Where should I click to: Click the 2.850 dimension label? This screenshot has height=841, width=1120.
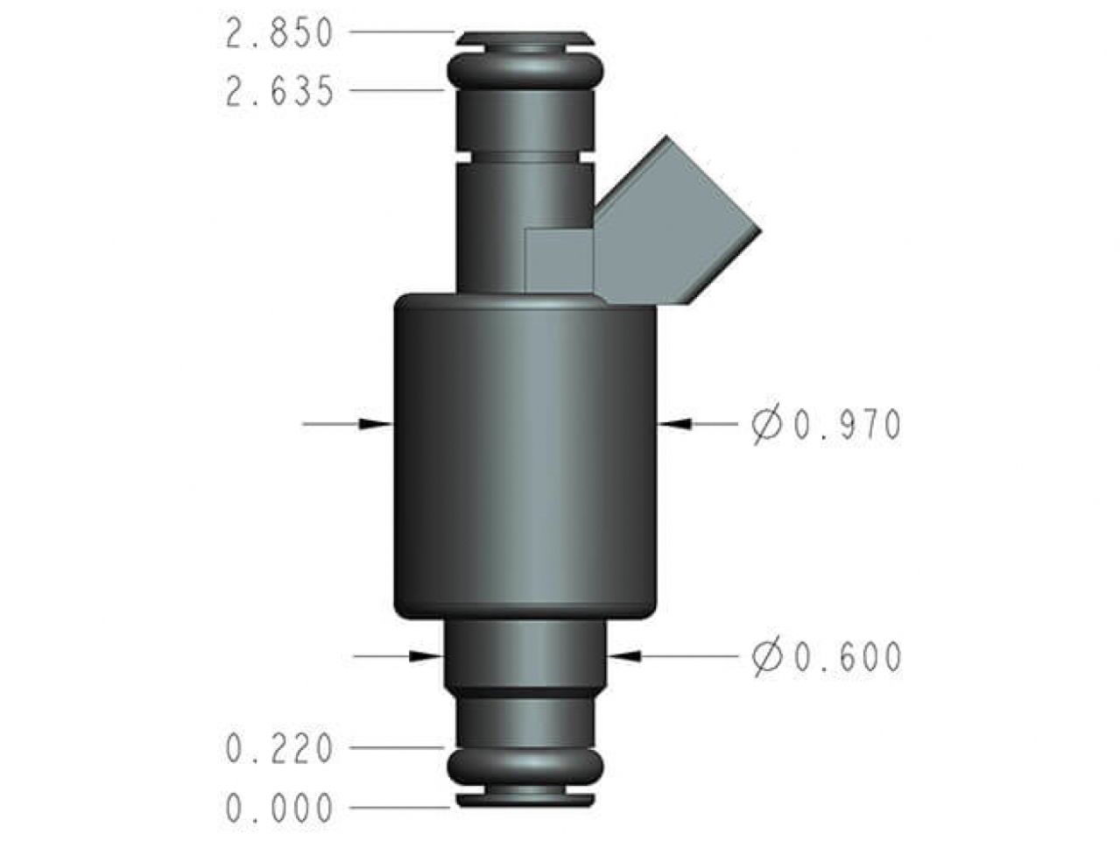tap(279, 34)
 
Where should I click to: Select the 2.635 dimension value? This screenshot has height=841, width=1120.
tap(279, 91)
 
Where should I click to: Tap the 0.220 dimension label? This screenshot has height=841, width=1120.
tap(279, 749)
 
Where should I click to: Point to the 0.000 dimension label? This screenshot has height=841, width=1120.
tap(279, 808)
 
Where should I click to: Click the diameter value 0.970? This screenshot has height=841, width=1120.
tap(847, 426)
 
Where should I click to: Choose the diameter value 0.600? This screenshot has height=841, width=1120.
tap(847, 657)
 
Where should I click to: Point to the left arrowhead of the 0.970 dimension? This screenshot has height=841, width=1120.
tap(377, 423)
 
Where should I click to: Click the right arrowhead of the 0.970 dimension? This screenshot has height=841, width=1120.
tap(674, 423)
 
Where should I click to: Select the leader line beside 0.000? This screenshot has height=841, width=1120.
tap(398, 806)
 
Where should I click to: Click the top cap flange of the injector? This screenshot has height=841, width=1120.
tap(525, 38)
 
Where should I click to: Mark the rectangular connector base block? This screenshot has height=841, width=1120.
tap(559, 259)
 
